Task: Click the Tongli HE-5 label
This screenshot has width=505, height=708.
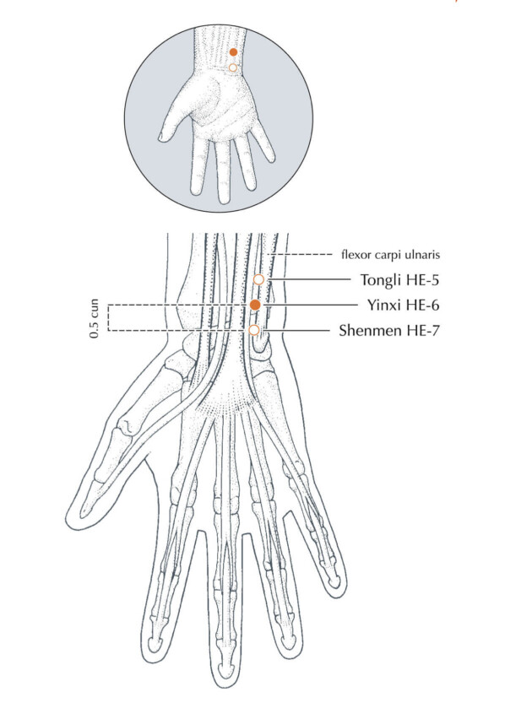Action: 399,280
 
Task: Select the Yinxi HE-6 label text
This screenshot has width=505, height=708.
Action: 403,305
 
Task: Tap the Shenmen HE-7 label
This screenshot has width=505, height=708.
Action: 389,331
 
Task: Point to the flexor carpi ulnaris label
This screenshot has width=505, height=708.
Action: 391,255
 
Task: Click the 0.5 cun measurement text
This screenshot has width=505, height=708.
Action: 94,319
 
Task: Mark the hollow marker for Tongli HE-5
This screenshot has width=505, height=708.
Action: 258,280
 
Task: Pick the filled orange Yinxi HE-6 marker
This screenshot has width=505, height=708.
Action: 255,305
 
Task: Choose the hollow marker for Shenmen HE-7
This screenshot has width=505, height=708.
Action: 254,331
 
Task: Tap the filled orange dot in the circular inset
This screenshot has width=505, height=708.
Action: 233,52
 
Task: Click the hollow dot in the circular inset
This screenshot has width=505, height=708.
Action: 232,68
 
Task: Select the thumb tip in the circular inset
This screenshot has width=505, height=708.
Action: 160,136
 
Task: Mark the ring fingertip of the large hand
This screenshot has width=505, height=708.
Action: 290,651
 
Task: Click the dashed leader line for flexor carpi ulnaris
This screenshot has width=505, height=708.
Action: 301,255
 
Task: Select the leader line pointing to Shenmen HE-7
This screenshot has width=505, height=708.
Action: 297,331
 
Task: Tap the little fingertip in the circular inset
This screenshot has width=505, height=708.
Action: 271,158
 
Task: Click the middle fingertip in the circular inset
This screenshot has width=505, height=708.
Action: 223,200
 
